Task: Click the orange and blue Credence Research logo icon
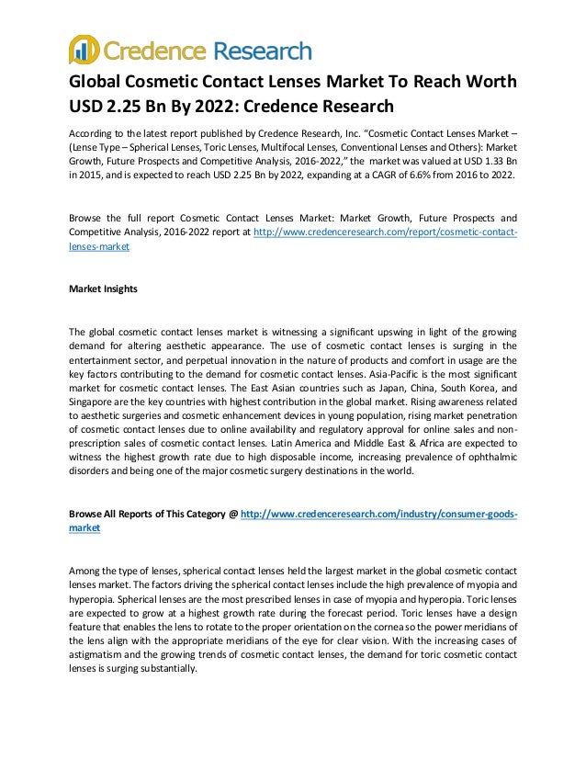tap(84, 50)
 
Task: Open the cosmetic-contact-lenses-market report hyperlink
tap(385, 232)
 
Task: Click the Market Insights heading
tap(104, 289)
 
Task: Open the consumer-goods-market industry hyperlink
tap(378, 515)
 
